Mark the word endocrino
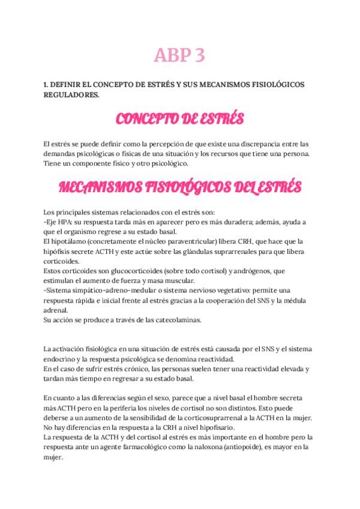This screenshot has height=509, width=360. coord(63,359)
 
